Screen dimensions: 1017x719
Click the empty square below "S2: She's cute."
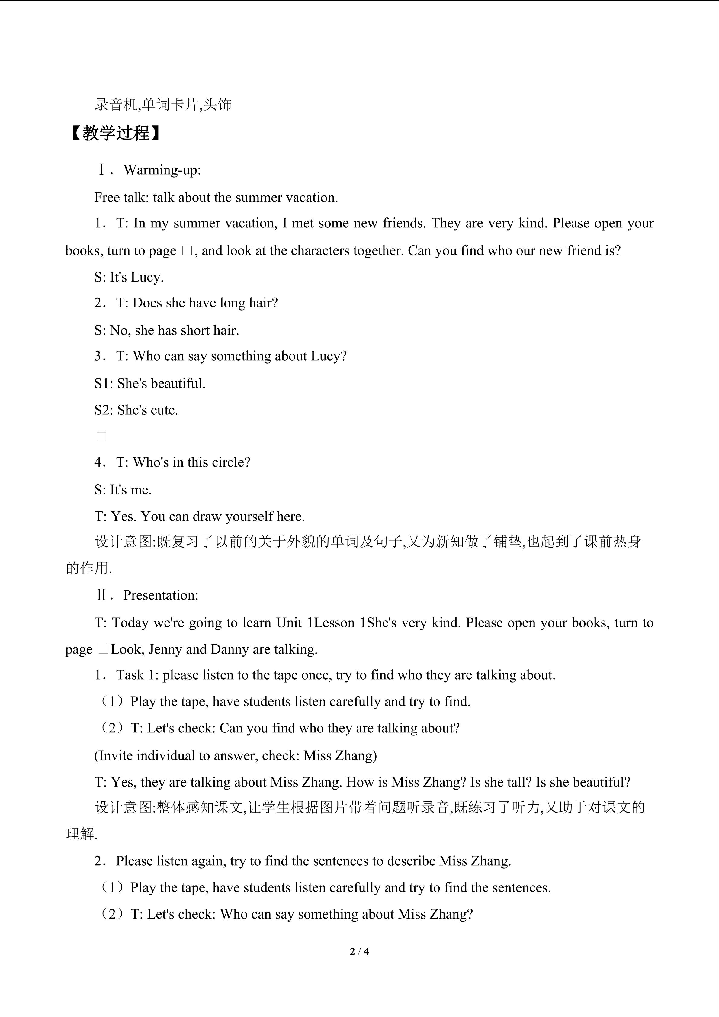click(x=101, y=437)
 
